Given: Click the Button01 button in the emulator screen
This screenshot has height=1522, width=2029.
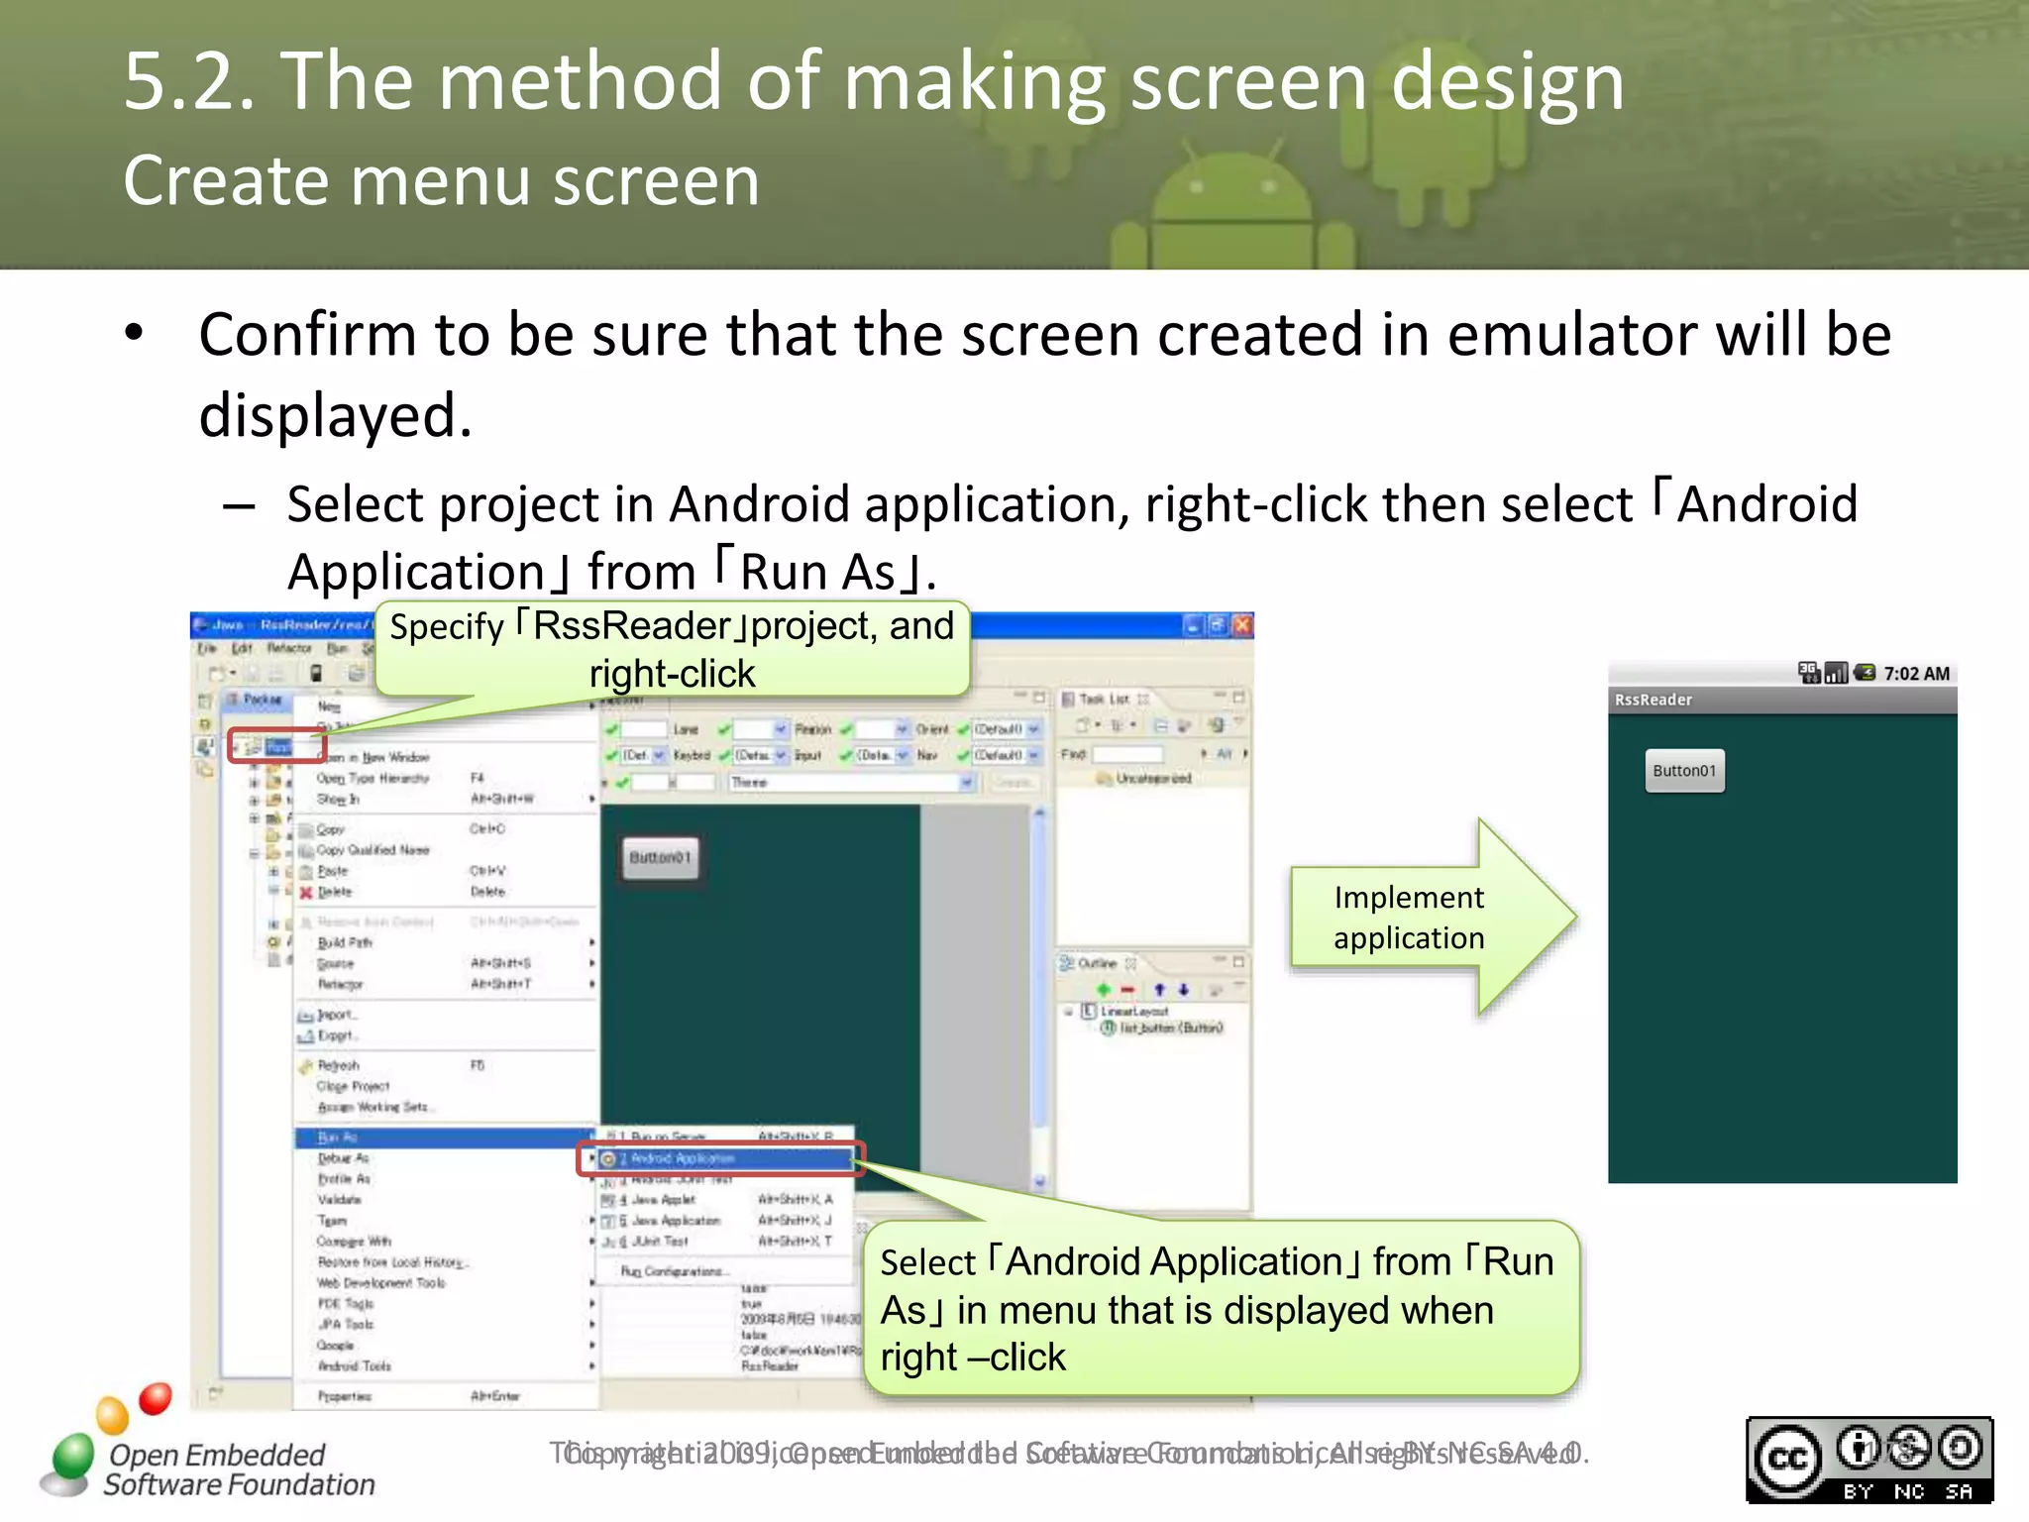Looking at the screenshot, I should click(1684, 771).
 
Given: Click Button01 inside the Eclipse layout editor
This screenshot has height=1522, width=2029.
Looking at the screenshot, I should click(660, 858).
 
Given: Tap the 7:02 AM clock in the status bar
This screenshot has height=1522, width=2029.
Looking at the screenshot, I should click(1915, 674).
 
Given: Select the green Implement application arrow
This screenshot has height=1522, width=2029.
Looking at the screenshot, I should click(1427, 918).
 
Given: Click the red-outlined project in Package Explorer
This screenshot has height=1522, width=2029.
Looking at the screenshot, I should click(276, 746).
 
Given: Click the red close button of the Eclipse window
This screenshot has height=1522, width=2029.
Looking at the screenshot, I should click(1242, 625).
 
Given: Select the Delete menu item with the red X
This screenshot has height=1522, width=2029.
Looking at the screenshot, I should click(334, 892).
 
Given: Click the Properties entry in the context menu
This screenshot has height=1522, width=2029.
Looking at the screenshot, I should click(345, 1396).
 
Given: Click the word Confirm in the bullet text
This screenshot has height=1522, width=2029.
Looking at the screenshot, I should click(306, 335).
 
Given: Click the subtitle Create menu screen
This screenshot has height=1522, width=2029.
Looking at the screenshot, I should click(441, 181).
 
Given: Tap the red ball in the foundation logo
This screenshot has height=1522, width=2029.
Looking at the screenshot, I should click(155, 1398).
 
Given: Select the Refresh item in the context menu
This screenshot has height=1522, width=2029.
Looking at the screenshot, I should click(338, 1065).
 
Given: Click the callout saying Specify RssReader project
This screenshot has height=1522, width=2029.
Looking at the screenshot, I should click(671, 649).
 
